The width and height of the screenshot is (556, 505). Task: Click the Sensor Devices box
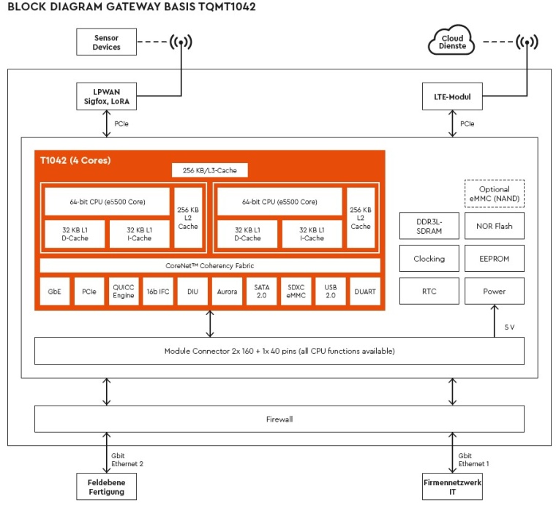[x=107, y=42]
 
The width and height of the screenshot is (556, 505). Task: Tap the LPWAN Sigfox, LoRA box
[x=107, y=97]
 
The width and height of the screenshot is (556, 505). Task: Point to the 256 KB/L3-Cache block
[x=209, y=170]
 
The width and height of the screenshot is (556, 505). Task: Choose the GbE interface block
[x=54, y=291]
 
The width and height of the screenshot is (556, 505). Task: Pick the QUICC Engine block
[x=124, y=291]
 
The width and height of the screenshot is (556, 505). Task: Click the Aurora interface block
[x=227, y=291]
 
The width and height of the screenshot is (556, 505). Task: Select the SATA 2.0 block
[x=261, y=291]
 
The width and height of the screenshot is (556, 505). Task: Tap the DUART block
[x=365, y=291]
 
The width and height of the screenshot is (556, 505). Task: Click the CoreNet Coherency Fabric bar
[x=210, y=265]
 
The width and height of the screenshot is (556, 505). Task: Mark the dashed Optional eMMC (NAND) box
[x=495, y=194]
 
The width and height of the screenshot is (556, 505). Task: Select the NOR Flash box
[x=495, y=226]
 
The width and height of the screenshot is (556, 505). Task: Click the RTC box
[x=429, y=291]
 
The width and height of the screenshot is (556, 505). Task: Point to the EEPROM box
[x=495, y=259]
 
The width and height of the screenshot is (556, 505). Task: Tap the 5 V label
[x=510, y=327]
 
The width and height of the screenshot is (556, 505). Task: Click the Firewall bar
[x=280, y=419]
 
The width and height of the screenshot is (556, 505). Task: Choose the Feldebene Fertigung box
[x=107, y=486]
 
